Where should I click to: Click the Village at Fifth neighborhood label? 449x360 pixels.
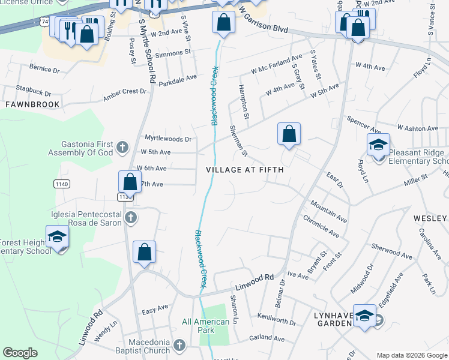(x=244, y=170)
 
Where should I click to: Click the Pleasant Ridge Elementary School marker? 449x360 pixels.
(x=379, y=146)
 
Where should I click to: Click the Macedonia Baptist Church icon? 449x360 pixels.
(x=179, y=345)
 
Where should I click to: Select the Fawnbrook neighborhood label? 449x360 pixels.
(x=32, y=104)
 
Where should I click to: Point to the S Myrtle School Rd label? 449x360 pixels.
(x=148, y=50)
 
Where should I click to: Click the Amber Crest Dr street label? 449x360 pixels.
(x=125, y=92)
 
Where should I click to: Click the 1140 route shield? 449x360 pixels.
(x=61, y=184)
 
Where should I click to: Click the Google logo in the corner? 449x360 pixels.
(x=20, y=353)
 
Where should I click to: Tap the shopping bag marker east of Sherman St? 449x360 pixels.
(x=289, y=133)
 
